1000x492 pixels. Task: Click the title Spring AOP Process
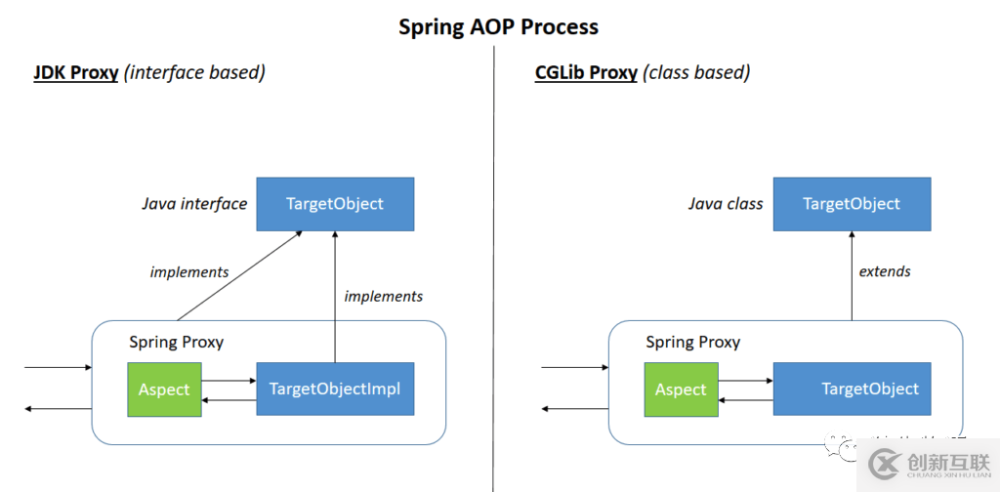tap(498, 26)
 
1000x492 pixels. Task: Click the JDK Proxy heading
tap(76, 73)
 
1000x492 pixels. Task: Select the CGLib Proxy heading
tap(586, 73)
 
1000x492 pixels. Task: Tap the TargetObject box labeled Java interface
tap(335, 204)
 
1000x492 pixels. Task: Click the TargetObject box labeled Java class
tap(852, 204)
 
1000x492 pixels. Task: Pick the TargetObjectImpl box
tap(335, 389)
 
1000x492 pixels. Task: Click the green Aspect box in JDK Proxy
tap(164, 389)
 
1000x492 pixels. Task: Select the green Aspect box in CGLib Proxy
tap(681, 389)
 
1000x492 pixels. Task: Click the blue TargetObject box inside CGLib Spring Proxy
tap(852, 389)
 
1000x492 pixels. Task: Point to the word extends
tap(885, 271)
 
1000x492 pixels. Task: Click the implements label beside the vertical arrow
tap(384, 296)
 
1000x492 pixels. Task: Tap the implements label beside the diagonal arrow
tap(189, 272)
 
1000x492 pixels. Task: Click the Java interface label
tap(194, 204)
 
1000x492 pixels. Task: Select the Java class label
tap(725, 204)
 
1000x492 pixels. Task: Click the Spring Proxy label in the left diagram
tap(177, 342)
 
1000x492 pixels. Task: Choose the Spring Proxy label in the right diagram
tap(693, 342)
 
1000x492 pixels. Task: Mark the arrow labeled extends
tap(852, 278)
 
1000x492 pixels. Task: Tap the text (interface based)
tap(194, 73)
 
